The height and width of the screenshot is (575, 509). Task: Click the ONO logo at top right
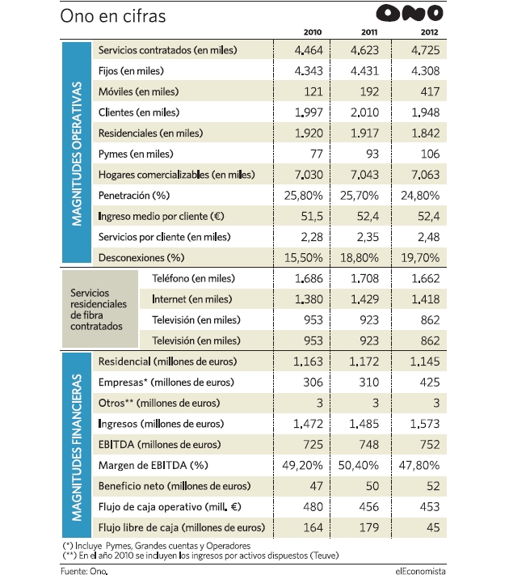410,13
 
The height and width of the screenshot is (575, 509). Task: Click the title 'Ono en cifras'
113,16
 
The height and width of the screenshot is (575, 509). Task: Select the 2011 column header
369,32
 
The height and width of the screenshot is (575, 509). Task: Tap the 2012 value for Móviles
430,91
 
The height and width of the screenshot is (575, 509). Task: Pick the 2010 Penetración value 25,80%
304,196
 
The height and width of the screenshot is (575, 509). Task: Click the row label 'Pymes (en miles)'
136,154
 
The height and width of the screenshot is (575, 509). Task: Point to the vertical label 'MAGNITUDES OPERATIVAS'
77,154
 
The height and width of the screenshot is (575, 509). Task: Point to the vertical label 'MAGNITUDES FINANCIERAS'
77,447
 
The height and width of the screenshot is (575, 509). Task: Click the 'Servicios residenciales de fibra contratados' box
100,309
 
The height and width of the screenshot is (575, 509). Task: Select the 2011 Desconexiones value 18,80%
359,258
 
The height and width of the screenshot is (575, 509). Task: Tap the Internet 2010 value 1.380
309,299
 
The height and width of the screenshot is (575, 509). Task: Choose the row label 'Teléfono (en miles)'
193,279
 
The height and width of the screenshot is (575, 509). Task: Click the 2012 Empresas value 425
430,383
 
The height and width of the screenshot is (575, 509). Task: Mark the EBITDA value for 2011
368,445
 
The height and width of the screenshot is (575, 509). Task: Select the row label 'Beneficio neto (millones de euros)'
175,486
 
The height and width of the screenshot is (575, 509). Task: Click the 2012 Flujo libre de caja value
433,528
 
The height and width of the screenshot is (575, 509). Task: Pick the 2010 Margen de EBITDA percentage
302,465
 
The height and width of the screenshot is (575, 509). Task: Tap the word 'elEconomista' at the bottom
420,571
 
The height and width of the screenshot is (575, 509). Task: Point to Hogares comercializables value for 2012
426,175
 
